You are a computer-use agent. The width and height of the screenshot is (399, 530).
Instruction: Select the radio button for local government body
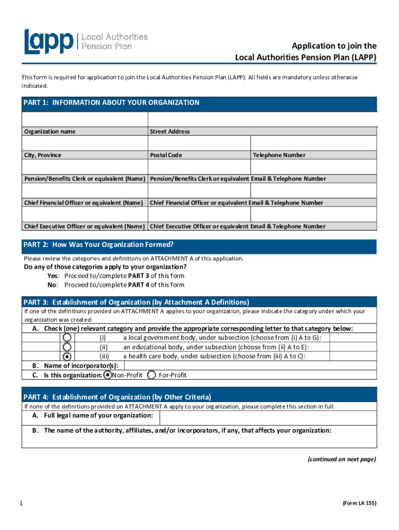tap(67, 337)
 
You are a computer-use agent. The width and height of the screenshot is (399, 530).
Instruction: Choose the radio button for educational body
tap(67, 347)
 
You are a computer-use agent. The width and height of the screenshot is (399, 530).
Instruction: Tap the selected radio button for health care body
tap(67, 356)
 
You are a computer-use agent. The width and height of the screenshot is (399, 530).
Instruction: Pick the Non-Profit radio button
tap(107, 375)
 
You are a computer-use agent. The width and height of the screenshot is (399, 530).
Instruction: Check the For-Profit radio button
tap(152, 375)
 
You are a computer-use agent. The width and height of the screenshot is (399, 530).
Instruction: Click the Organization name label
tap(50, 131)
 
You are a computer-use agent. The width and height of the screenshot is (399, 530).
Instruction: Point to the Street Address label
tap(170, 131)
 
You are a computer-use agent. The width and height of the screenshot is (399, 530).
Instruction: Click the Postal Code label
tap(166, 155)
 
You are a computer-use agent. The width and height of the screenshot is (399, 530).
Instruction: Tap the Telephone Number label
tap(279, 155)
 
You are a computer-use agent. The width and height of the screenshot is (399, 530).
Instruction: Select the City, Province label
tap(42, 155)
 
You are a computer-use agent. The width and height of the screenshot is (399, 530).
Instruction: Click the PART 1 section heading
tap(111, 103)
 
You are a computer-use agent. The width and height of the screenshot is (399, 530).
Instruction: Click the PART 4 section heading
tap(117, 397)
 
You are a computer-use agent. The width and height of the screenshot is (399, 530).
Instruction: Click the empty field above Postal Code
tap(199, 143)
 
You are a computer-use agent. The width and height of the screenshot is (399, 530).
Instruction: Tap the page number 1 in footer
tap(20, 503)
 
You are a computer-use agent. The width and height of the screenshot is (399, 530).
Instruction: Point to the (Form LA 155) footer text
tap(359, 503)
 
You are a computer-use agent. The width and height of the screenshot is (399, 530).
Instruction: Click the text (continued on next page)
tap(341, 459)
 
